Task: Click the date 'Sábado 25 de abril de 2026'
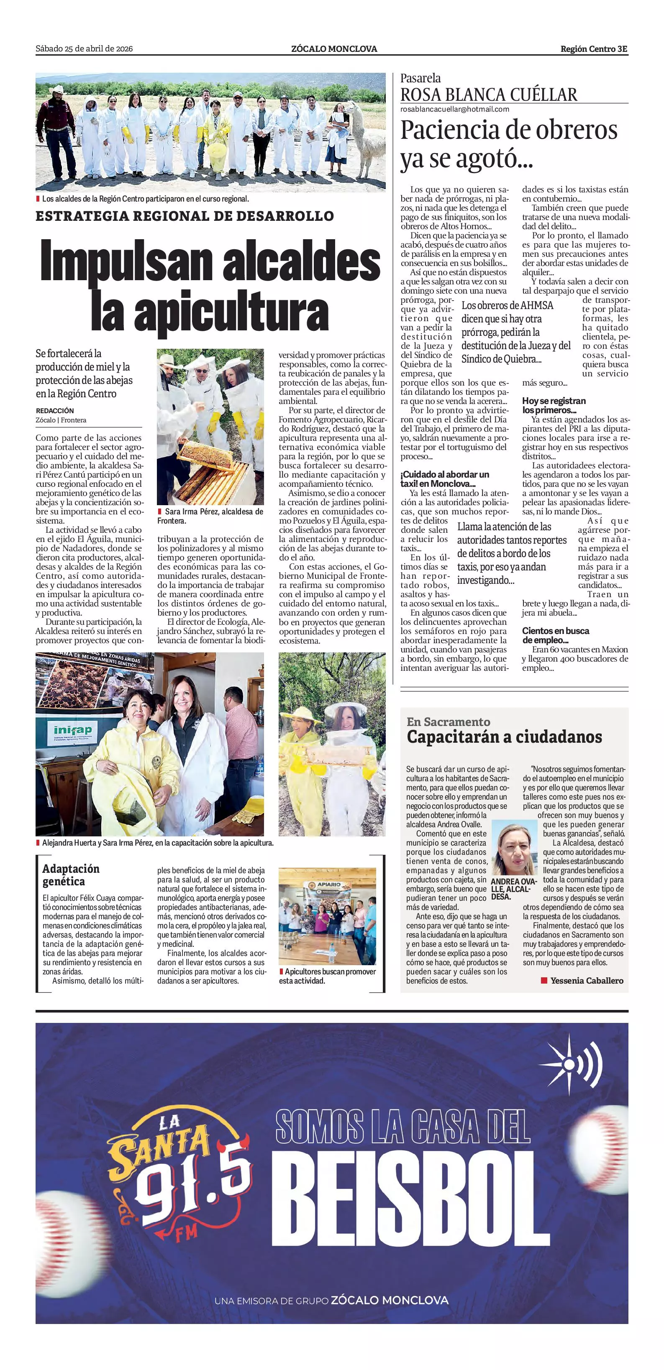pos(84,49)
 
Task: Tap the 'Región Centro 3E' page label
pos(594,49)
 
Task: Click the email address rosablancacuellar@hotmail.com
pos(454,109)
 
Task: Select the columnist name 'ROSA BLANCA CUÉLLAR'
pos(488,95)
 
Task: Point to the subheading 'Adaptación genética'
pos(71,875)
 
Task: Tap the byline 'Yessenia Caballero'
pos(586,980)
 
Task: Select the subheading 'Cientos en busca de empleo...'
pos(556,635)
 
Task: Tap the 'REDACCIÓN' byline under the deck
pos(55,411)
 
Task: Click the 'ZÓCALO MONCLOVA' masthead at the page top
pos(334,49)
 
